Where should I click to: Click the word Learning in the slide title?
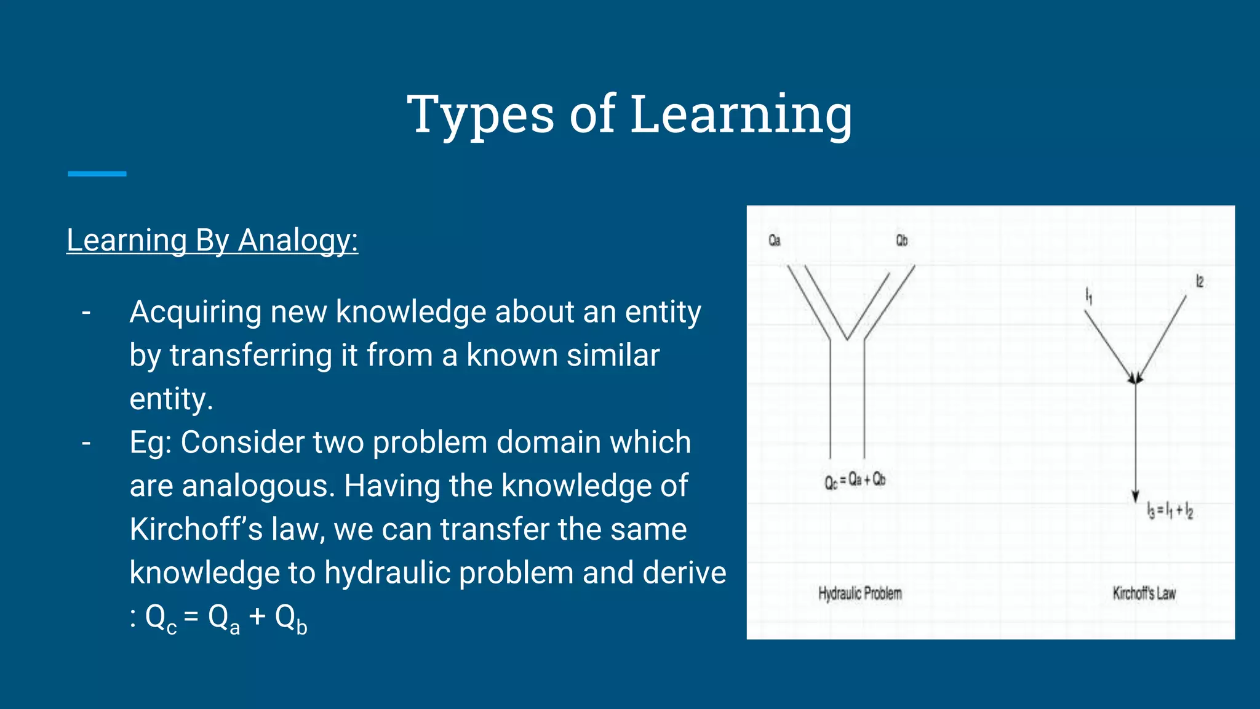[741, 114]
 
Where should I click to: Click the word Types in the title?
[480, 114]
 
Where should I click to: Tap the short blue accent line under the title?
[97, 174]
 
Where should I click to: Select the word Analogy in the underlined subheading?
[298, 240]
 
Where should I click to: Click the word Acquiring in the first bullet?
[196, 312]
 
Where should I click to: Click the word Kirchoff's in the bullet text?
[196, 529]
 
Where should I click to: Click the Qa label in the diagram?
[774, 241]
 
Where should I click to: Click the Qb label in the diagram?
[901, 241]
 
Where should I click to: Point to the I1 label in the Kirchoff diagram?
[1088, 296]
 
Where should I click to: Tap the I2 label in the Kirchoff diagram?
[1199, 282]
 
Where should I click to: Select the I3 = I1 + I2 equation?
[1170, 511]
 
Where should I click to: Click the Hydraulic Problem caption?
[859, 593]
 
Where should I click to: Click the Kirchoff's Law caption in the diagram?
[1144, 593]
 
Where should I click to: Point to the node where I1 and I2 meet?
[1135, 380]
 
